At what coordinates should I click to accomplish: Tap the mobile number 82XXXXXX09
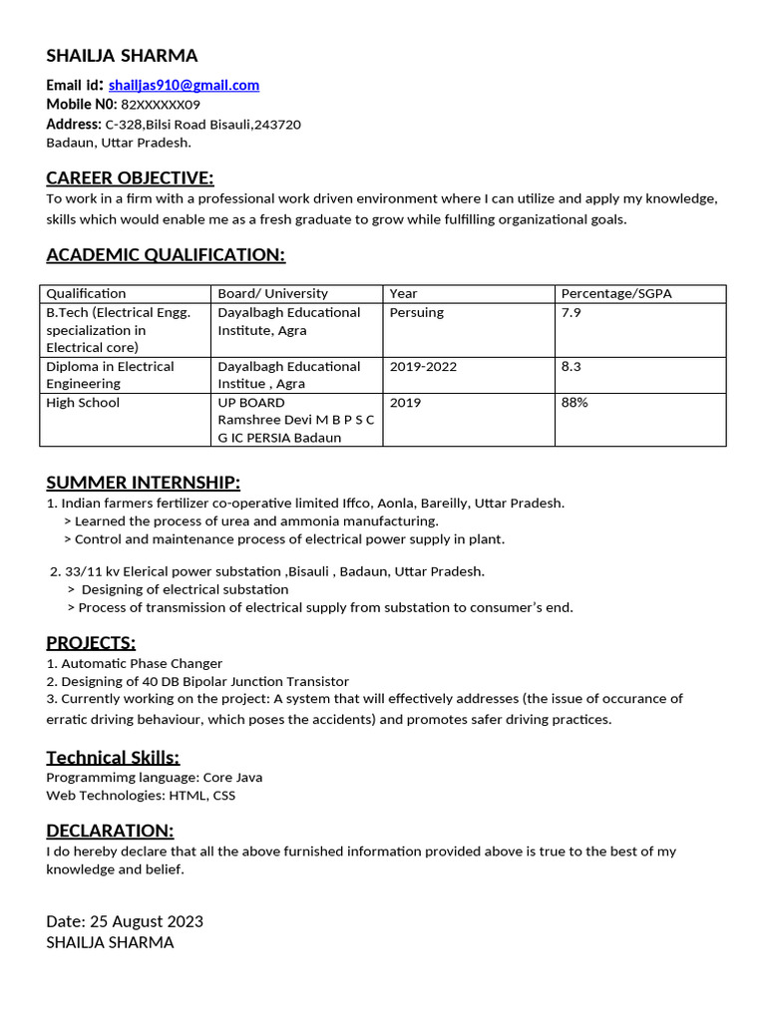[x=161, y=105]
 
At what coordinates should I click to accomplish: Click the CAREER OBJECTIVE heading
[x=130, y=178]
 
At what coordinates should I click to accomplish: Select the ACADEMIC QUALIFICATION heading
[x=166, y=255]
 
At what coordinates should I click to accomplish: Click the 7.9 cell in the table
[x=572, y=313]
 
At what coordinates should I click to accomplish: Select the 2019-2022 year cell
[x=423, y=367]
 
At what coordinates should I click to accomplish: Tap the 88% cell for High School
[x=574, y=403]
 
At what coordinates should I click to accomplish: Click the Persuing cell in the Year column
[x=417, y=313]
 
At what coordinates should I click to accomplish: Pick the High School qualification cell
[x=83, y=403]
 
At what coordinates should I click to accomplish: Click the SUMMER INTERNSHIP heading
[x=143, y=484]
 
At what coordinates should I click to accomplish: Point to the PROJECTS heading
[x=91, y=642]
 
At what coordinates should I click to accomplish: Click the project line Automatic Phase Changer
[x=135, y=664]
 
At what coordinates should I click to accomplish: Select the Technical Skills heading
[x=113, y=758]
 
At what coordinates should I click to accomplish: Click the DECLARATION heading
[x=110, y=832]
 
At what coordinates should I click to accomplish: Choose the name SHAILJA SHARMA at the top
[x=122, y=56]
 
